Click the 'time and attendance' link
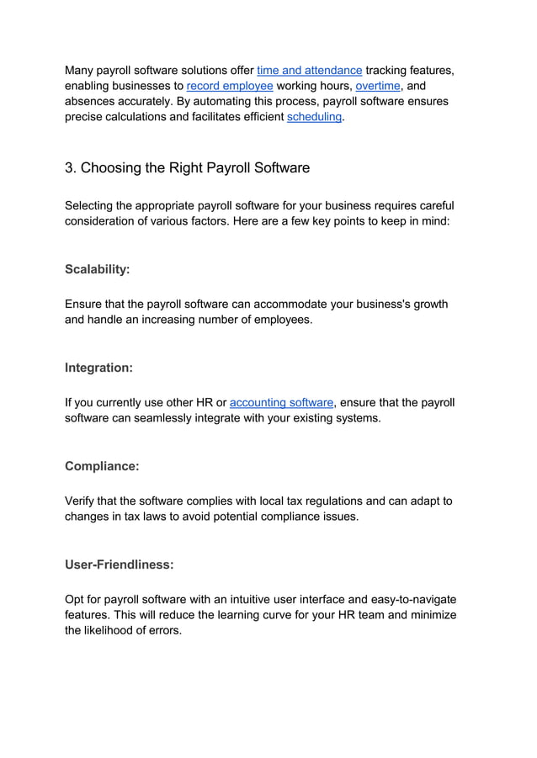309,71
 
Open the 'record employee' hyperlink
230,86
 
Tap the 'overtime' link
378,86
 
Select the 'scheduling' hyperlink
314,117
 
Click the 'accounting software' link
281,402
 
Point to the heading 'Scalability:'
98,270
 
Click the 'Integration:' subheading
98,368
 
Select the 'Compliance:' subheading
102,466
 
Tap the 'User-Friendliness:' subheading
120,565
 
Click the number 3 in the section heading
70,167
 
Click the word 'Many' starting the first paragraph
80,71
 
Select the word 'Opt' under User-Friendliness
76,599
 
